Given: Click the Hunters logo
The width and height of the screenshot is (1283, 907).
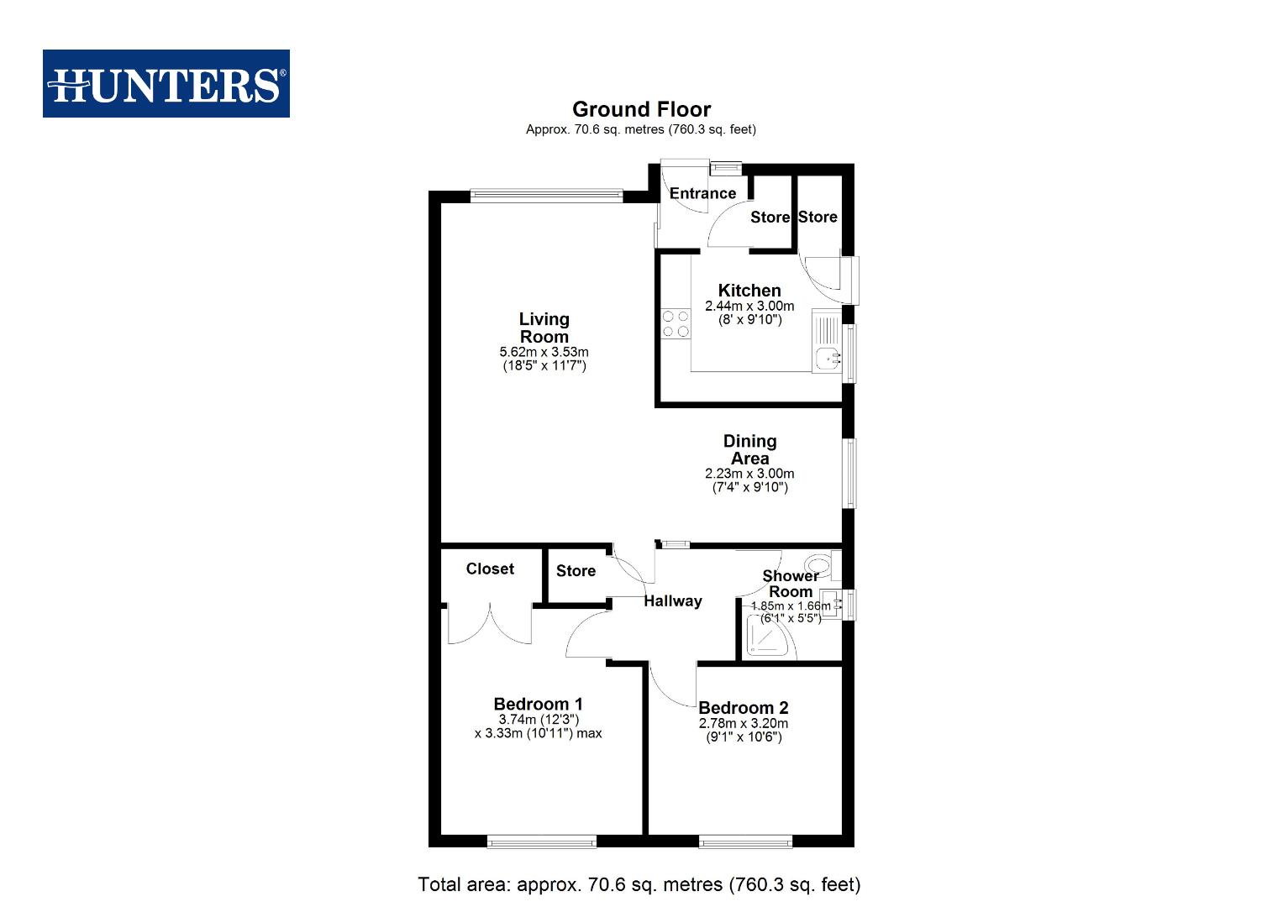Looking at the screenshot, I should click(x=166, y=84).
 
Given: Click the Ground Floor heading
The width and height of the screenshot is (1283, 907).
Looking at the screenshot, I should click(x=641, y=109).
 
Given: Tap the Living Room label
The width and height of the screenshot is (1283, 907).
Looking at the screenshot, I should click(x=544, y=328).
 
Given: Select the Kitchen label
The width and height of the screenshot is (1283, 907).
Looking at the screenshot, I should click(x=749, y=291).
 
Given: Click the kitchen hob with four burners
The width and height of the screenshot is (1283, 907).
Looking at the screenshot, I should click(x=675, y=324).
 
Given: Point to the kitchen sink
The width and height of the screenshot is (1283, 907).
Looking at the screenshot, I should click(x=828, y=357).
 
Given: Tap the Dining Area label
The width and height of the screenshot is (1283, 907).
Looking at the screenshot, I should click(x=749, y=449).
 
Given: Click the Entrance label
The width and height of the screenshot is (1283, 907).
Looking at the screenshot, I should click(x=702, y=193).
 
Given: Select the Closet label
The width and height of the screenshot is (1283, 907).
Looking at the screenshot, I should click(x=490, y=569).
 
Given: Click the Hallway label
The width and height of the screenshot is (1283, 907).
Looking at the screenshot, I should click(x=672, y=600).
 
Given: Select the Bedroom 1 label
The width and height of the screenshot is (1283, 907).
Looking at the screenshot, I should click(x=538, y=704).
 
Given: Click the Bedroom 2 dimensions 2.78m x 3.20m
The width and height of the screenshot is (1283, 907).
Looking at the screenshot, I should click(x=743, y=723).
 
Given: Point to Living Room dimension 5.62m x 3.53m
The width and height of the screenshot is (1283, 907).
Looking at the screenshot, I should click(x=544, y=352).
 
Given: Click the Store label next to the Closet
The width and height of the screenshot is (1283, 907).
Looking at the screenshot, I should click(x=576, y=571).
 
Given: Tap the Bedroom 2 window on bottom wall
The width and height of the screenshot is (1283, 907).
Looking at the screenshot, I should click(x=745, y=841).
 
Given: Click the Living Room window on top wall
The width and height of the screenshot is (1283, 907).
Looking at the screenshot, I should click(x=546, y=196).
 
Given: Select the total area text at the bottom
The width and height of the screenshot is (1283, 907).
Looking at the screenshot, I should click(x=639, y=884).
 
